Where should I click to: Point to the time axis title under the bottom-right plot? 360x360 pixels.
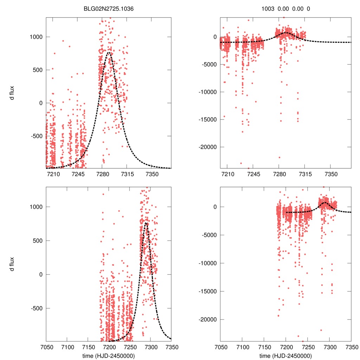[286, 355]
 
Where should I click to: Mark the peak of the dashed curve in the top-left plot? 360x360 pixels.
[109, 52]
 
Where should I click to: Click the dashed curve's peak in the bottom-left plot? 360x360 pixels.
[146, 223]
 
